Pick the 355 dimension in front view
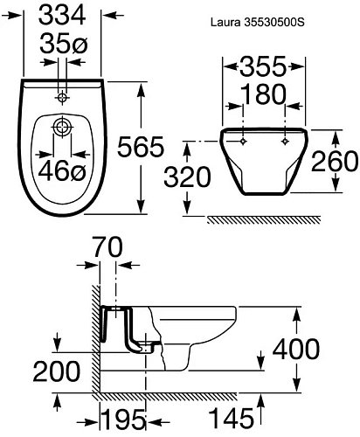pyautogui.click(x=265, y=67)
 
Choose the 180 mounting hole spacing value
pyautogui.click(x=265, y=95)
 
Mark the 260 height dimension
pyautogui.click(x=336, y=162)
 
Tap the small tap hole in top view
pyautogui.click(x=63, y=94)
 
